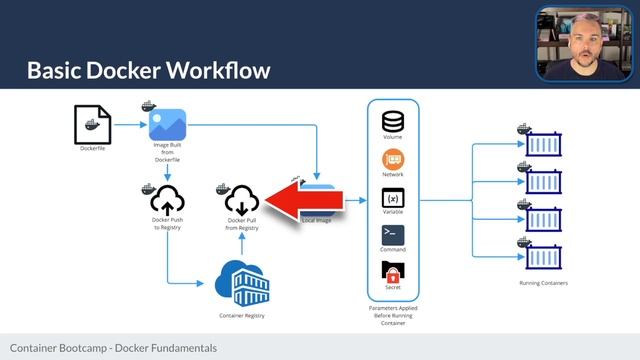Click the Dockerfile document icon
pyautogui.click(x=92, y=125)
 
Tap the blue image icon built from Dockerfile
pyautogui.click(x=168, y=124)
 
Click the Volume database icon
pyautogui.click(x=393, y=121)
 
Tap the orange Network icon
pyautogui.click(x=393, y=160)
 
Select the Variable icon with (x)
pyautogui.click(x=393, y=198)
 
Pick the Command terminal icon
pyautogui.click(x=393, y=235)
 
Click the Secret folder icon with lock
pyautogui.click(x=393, y=272)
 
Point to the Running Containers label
pyautogui.click(x=545, y=284)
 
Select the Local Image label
pyautogui.click(x=318, y=219)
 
